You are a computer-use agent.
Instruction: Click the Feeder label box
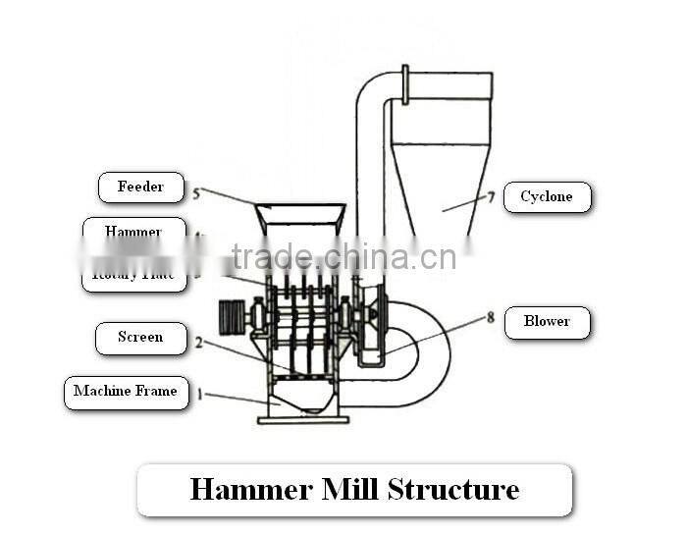click(140, 188)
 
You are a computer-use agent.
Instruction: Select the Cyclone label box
click(547, 197)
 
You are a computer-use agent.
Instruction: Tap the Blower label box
click(547, 322)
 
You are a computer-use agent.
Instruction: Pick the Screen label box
click(140, 338)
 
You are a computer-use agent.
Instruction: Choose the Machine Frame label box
click(126, 392)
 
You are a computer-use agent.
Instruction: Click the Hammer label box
click(133, 231)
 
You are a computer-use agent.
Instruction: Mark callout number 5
click(196, 193)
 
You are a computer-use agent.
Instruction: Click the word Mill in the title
click(348, 489)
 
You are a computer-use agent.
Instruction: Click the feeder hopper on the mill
click(300, 217)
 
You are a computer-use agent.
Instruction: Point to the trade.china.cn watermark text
click(343, 257)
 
